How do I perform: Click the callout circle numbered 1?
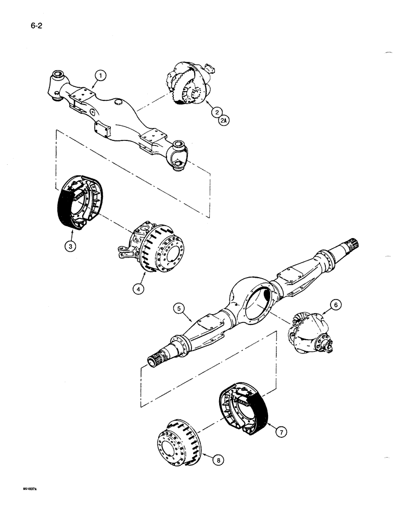(x=101, y=76)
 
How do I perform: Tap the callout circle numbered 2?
(x=214, y=111)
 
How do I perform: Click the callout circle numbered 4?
(x=137, y=289)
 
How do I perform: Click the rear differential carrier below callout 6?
(x=310, y=337)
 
